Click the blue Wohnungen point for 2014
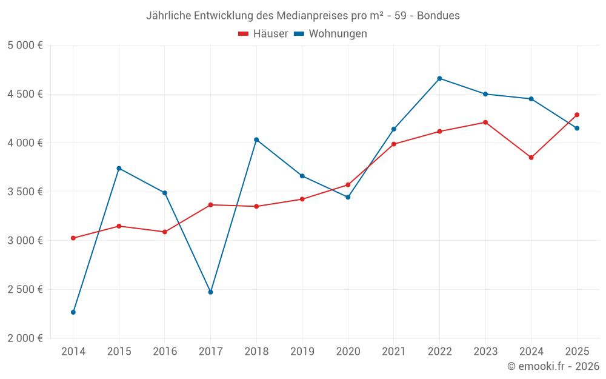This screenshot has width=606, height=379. coord(73,312)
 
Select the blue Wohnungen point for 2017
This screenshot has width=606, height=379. coord(211,292)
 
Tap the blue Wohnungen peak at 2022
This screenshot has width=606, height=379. coord(439,78)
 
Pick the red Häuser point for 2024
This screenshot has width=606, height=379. coord(531,158)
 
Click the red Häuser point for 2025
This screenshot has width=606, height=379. coord(577,115)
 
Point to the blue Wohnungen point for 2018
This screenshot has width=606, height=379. coord(256,139)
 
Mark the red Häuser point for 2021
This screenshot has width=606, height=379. coord(394,144)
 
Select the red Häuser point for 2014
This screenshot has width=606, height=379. coord(73,238)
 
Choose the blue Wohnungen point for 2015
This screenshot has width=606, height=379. coord(119,168)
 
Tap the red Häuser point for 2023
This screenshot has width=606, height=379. coord(485,122)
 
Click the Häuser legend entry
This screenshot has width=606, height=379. coord(263,34)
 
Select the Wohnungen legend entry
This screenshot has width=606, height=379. coord(330,34)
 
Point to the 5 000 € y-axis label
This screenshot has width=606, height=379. coord(25,45)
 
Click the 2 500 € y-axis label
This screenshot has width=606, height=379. coord(25,289)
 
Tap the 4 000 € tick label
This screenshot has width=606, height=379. coord(25,143)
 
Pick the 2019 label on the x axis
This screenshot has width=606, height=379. coord(302,351)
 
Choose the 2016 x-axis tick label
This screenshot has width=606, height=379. coord(165,351)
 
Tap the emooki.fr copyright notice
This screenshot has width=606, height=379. coord(553,366)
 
